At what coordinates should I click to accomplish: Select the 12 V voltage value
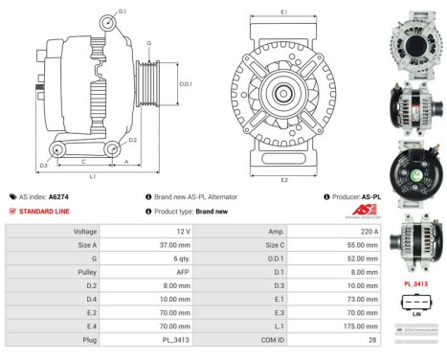[x=181, y=232]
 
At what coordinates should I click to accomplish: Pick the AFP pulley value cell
[x=181, y=272]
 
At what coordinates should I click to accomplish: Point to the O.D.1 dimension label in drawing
[x=186, y=83]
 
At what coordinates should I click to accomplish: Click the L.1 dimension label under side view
[x=91, y=176]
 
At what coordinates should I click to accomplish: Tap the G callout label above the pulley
[x=148, y=44]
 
